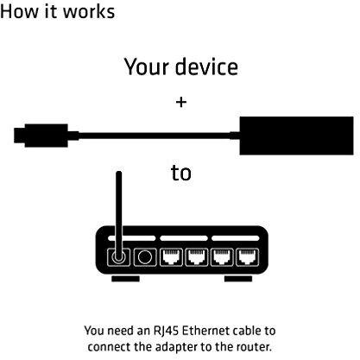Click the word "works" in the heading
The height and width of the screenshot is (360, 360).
[x=89, y=11]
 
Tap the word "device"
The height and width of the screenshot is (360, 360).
[x=206, y=66]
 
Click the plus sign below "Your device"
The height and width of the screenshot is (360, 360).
[x=181, y=102]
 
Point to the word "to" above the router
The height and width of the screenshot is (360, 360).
[x=181, y=173]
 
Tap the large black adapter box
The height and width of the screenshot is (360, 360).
[x=296, y=136]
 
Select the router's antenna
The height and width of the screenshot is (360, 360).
[x=118, y=213]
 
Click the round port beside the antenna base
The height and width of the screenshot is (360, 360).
[x=145, y=257]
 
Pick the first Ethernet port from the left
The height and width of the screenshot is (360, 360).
[x=172, y=257]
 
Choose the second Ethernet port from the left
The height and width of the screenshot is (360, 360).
[x=197, y=257]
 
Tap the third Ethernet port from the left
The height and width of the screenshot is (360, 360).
[x=222, y=257]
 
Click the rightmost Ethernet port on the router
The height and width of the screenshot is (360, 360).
[x=248, y=257]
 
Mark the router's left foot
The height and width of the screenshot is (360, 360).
[x=125, y=279]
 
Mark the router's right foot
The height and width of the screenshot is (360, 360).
[x=238, y=279]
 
